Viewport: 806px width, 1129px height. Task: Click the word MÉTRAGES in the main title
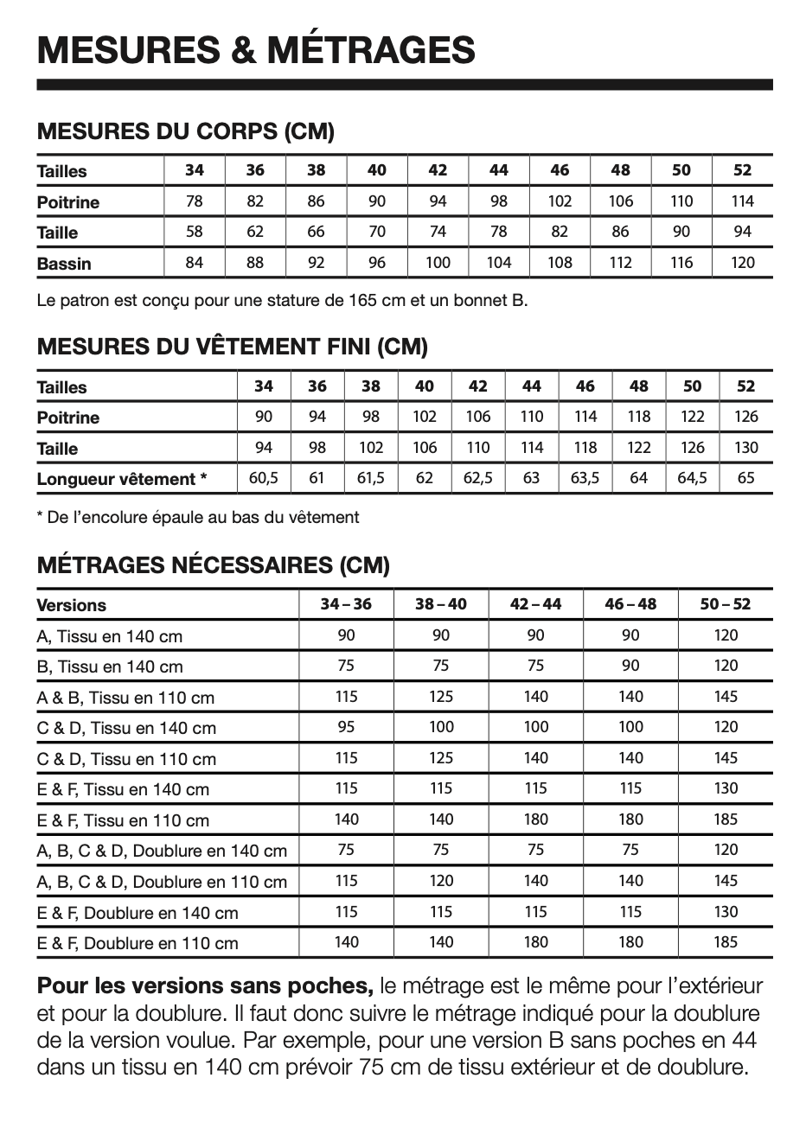click(371, 49)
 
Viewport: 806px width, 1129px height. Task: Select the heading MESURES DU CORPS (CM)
click(186, 132)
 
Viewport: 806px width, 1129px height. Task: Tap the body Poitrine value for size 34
click(195, 201)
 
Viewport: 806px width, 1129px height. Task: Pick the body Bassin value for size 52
click(743, 263)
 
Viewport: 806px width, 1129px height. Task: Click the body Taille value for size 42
click(438, 232)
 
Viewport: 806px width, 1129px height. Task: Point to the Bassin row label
click(64, 264)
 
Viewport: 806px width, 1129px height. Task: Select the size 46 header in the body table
click(560, 170)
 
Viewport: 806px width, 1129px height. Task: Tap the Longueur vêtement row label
click(122, 479)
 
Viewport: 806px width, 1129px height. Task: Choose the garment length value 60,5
click(264, 478)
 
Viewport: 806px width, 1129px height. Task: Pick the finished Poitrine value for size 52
click(745, 417)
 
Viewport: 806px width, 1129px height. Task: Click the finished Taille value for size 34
click(264, 448)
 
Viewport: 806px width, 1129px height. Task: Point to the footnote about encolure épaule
click(198, 518)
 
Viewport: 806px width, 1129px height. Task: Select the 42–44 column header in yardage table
click(535, 604)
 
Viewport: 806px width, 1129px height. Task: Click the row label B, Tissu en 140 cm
click(110, 667)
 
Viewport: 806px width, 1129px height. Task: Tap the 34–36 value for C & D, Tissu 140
click(346, 727)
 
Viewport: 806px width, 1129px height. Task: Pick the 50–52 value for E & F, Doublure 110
click(726, 942)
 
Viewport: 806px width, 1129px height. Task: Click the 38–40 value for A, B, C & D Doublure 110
click(441, 881)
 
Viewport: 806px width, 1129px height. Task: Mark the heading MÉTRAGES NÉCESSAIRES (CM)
click(214, 565)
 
